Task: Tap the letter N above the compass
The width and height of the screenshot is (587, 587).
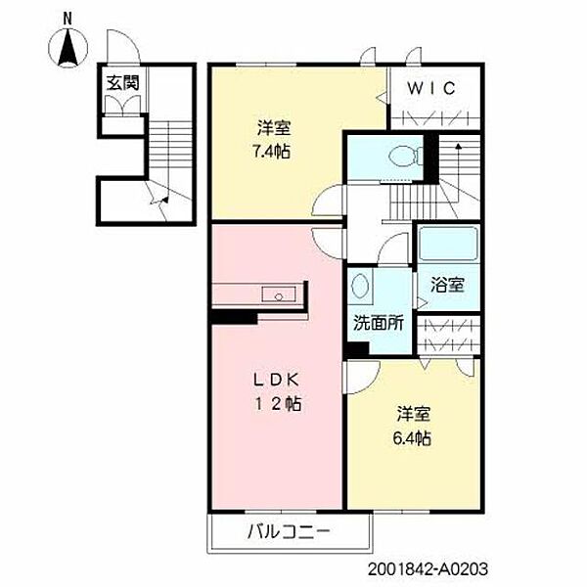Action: [x=68, y=18]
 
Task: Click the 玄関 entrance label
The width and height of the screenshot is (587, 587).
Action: [x=122, y=82]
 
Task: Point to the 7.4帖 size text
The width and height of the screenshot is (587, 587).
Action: [x=275, y=151]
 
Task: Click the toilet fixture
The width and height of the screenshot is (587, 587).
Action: [x=404, y=155]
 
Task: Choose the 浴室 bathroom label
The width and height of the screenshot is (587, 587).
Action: [x=448, y=285]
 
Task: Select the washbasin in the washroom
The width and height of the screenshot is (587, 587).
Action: [x=360, y=286]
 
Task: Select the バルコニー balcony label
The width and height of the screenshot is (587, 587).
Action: [x=289, y=533]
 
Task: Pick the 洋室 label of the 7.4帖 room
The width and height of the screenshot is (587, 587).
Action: [x=275, y=127]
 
